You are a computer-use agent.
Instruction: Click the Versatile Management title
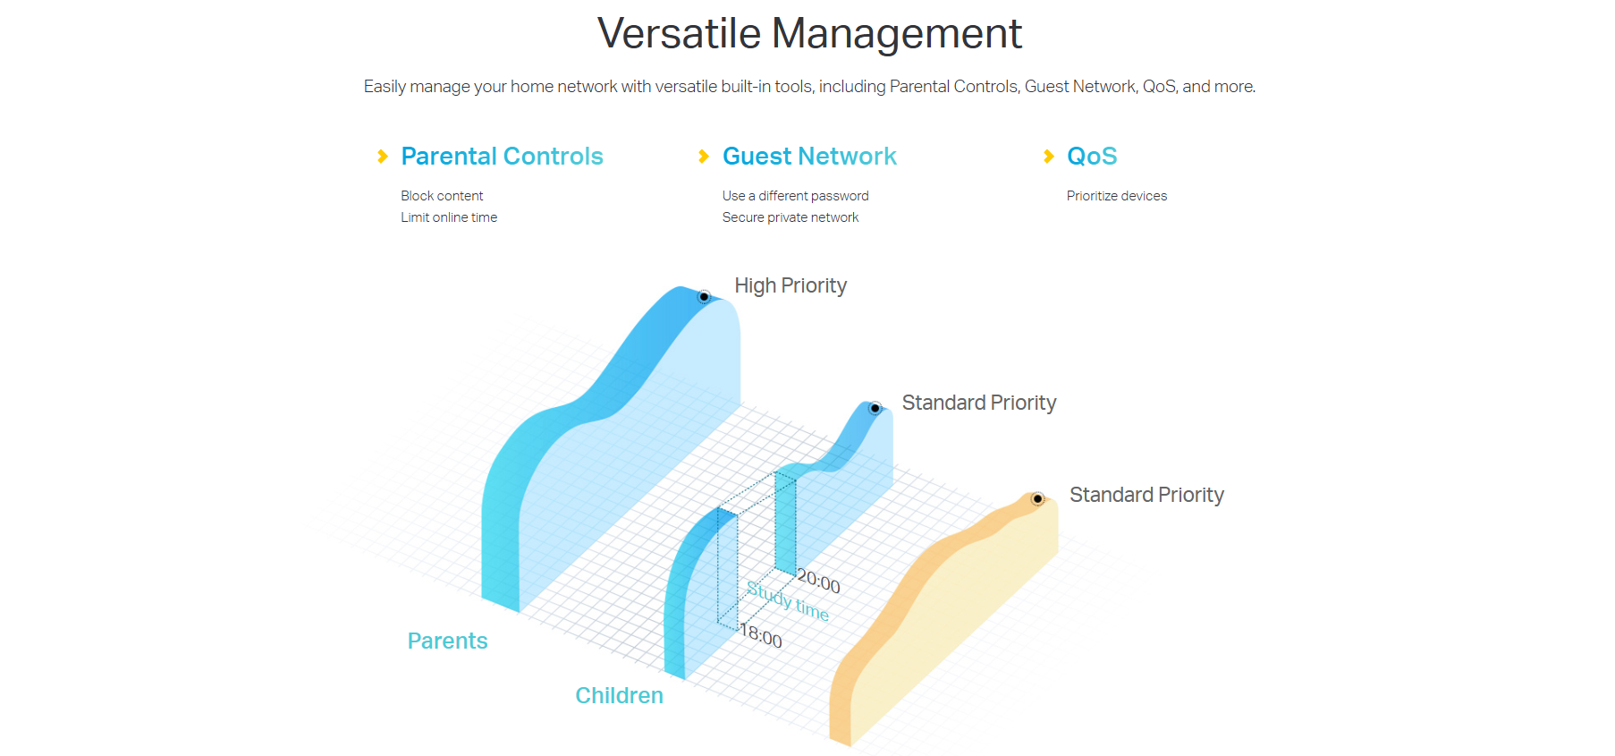pyautogui.click(x=809, y=34)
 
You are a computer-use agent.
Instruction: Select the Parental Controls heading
pyautogui.click(x=502, y=157)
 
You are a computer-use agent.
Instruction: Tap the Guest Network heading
pyautogui.click(x=809, y=157)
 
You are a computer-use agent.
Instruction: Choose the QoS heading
pyautogui.click(x=1092, y=157)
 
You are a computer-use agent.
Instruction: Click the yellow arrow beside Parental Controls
pyautogui.click(x=383, y=157)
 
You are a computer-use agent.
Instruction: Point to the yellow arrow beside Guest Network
pyautogui.click(x=704, y=157)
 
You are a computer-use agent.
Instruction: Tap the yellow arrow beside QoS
pyautogui.click(x=1049, y=157)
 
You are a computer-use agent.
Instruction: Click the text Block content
pyautogui.click(x=442, y=196)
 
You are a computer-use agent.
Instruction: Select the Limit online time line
pyautogui.click(x=449, y=217)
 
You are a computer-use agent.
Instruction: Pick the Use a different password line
pyautogui.click(x=796, y=196)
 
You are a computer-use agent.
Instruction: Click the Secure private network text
pyautogui.click(x=791, y=217)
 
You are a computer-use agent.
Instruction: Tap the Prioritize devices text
pyautogui.click(x=1117, y=196)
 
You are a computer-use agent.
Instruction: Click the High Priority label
pyautogui.click(x=791, y=285)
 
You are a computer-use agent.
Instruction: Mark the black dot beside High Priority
pyautogui.click(x=704, y=297)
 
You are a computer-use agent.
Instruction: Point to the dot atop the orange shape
pyautogui.click(x=1037, y=499)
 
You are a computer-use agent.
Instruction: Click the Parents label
pyautogui.click(x=447, y=641)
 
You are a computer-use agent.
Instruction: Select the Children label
pyautogui.click(x=619, y=695)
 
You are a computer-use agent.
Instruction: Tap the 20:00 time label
pyautogui.click(x=818, y=582)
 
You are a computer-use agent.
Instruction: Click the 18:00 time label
pyautogui.click(x=760, y=635)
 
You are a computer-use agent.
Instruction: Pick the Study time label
pyautogui.click(x=788, y=600)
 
